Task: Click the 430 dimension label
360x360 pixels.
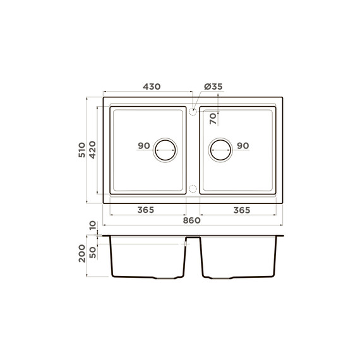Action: coord(152,87)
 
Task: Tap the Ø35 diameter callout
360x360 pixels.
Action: coord(213,87)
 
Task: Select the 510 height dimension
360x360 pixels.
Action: coord(82,150)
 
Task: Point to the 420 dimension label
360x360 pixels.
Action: coord(92,150)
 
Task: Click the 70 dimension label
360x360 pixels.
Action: coord(213,119)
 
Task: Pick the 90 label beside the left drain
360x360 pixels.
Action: coord(144,145)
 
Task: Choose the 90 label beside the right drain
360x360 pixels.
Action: coord(243,145)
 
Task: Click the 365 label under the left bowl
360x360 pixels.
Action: coord(146,210)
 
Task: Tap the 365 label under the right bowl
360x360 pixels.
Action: coord(242,210)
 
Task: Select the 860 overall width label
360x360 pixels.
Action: coord(192,220)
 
